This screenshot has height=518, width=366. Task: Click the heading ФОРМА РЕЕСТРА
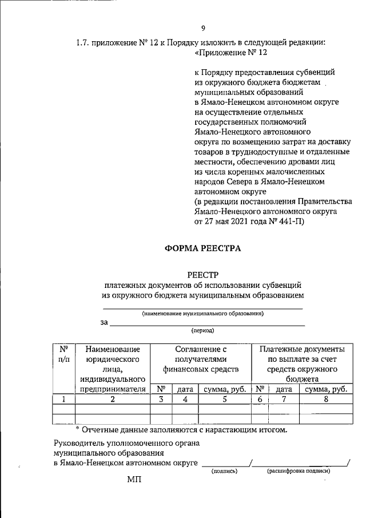pos(203,248)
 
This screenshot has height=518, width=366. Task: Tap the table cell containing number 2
pos(113,400)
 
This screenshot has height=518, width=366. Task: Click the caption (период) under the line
pos(203,331)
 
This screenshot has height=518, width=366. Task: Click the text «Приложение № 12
pos(230,52)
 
